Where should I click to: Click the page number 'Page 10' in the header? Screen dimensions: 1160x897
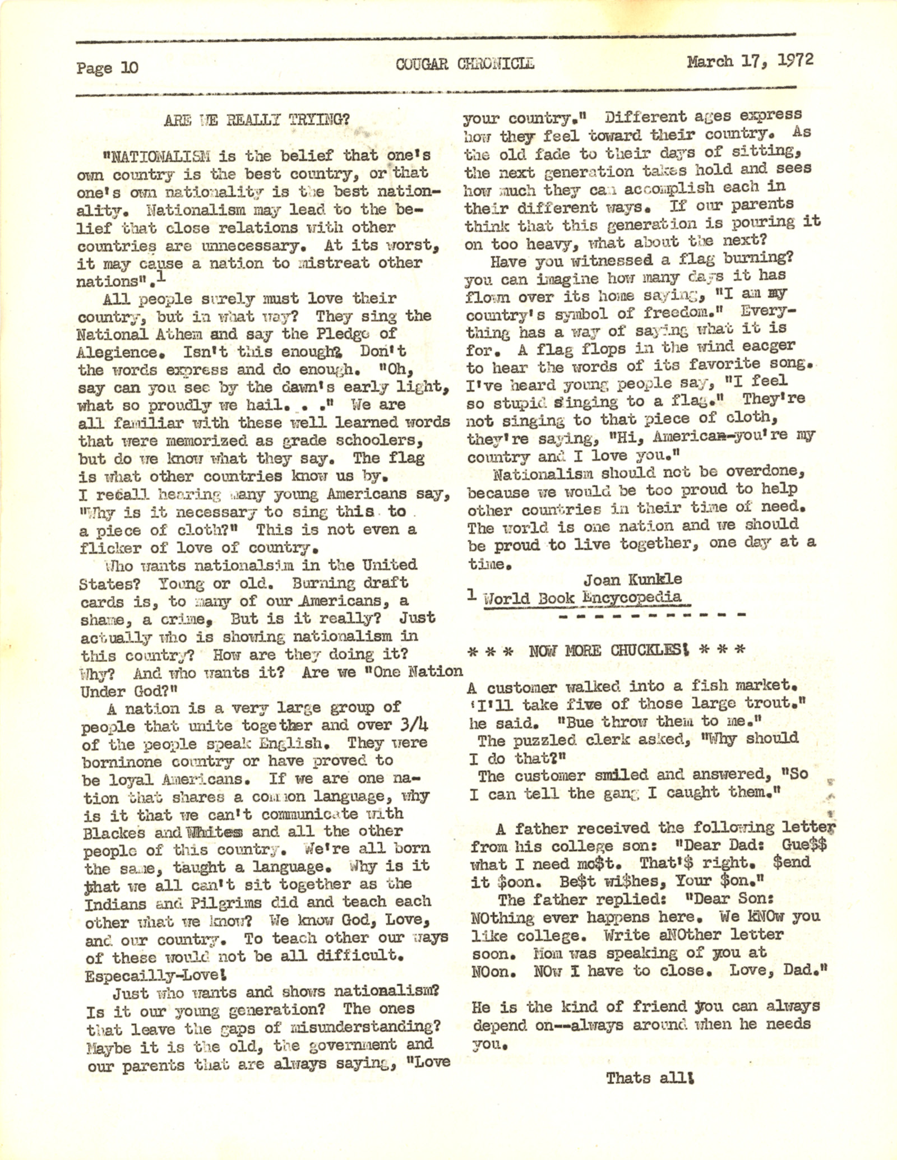click(107, 68)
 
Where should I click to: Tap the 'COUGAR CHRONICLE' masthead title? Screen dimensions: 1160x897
click(465, 64)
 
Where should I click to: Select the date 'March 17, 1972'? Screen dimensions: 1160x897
click(750, 61)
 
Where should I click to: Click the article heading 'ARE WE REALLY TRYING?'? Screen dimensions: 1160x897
click(257, 120)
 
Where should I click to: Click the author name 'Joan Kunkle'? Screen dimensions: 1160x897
click(633, 579)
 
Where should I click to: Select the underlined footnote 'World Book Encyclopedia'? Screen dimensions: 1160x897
click(583, 597)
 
